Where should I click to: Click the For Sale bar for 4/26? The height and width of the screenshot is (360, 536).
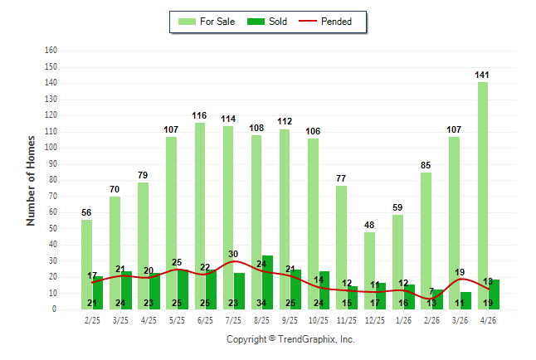(483, 196)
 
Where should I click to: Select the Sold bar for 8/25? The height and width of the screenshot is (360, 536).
(267, 282)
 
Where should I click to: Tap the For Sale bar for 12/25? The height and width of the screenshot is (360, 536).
(369, 270)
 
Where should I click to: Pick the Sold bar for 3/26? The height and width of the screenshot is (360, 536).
(465, 300)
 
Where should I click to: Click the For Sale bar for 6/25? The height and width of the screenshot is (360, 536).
(200, 216)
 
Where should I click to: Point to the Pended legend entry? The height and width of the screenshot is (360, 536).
(325, 22)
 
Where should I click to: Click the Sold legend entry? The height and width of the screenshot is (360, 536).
(267, 22)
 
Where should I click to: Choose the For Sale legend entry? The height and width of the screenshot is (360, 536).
(207, 22)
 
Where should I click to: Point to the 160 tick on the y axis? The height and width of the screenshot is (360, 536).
(51, 51)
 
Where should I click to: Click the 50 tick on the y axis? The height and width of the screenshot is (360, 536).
(52, 228)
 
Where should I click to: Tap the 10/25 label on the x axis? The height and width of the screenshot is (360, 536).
(319, 320)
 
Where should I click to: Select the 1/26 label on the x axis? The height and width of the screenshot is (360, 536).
(403, 320)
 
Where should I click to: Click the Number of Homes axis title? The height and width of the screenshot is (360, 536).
(31, 181)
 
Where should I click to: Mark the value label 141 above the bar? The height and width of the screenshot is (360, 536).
(482, 75)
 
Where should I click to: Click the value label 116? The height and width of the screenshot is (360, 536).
(199, 115)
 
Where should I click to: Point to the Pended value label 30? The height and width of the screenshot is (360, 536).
(233, 254)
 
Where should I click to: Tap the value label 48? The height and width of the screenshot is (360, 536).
(369, 225)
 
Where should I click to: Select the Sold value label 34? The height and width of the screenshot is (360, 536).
(261, 303)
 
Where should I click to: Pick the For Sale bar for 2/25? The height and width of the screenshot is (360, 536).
(87, 265)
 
